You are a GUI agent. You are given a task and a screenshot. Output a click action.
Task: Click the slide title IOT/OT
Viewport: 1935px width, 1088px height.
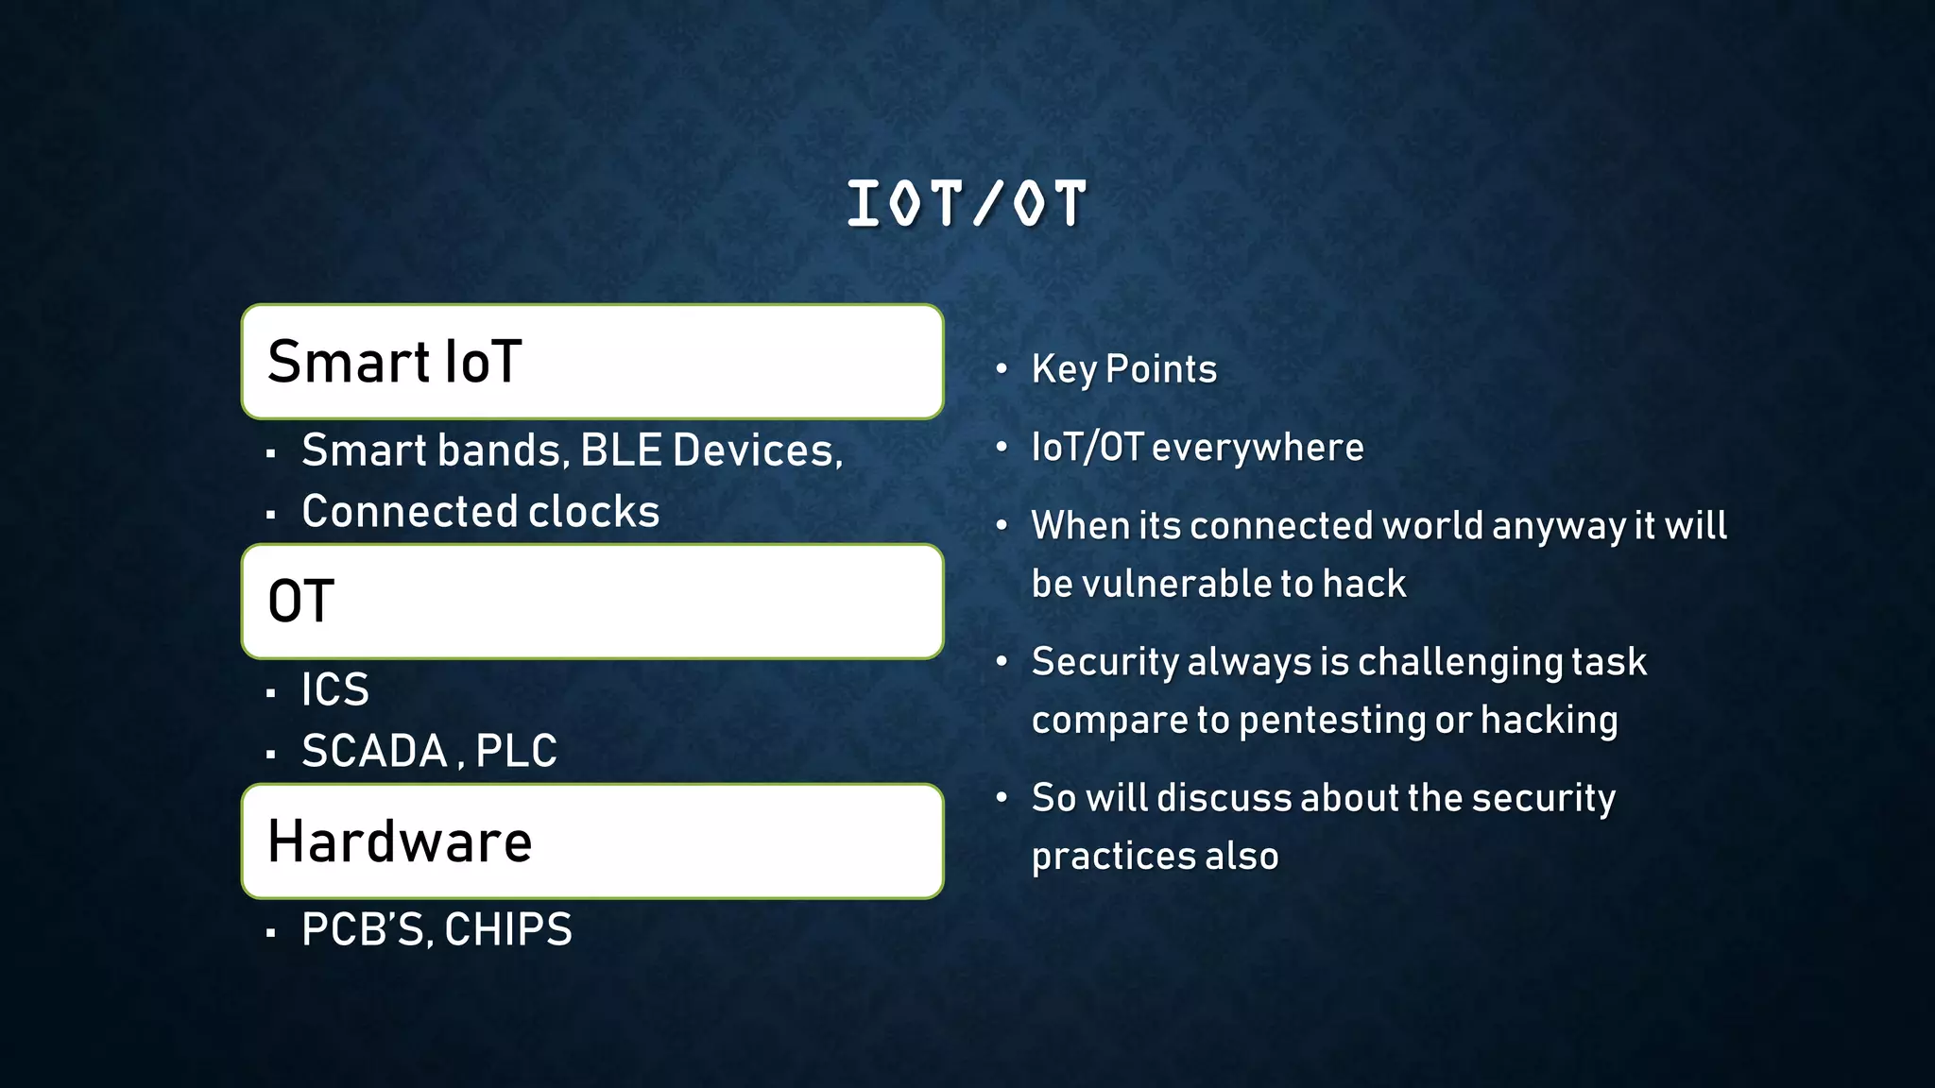click(967, 204)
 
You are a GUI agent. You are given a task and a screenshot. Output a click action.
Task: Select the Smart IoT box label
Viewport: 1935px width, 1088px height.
click(394, 362)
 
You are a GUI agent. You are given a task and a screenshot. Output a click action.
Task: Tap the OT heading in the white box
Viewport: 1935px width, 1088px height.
click(300, 602)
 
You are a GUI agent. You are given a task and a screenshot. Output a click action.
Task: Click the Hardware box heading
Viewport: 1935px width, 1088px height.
click(400, 841)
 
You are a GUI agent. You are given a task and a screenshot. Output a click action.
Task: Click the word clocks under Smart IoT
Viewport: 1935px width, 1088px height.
click(593, 512)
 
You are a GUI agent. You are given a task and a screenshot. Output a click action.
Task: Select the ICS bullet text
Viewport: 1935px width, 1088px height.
click(334, 689)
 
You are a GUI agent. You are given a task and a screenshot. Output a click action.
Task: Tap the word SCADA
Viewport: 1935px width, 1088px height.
click(374, 752)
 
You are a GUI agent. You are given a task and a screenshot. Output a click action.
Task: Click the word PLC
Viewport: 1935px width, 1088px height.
click(516, 752)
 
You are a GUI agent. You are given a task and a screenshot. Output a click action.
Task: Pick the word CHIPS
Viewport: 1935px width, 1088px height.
click(508, 930)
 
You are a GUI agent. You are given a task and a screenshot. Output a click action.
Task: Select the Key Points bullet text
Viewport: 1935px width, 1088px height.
click(1123, 369)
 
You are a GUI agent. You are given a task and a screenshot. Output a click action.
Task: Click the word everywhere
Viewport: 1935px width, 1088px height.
click(1258, 448)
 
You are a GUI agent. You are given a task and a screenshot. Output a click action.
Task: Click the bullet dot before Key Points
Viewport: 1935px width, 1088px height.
click(1002, 369)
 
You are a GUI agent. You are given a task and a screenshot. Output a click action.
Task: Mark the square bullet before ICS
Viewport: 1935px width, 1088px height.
click(271, 693)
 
